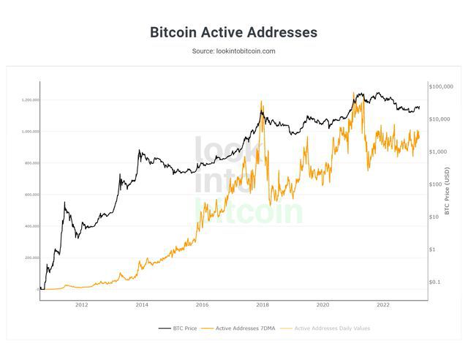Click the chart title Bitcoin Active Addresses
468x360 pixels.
pyautogui.click(x=233, y=32)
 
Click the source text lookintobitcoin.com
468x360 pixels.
pyautogui.click(x=233, y=51)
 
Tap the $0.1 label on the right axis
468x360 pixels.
pyautogui.click(x=436, y=282)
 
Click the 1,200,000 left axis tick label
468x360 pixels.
pyautogui.click(x=30, y=100)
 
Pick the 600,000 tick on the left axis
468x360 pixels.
pyautogui.click(x=31, y=195)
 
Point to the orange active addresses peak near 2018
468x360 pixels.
pyautogui.click(x=262, y=102)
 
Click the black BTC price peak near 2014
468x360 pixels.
pyautogui.click(x=139, y=151)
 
